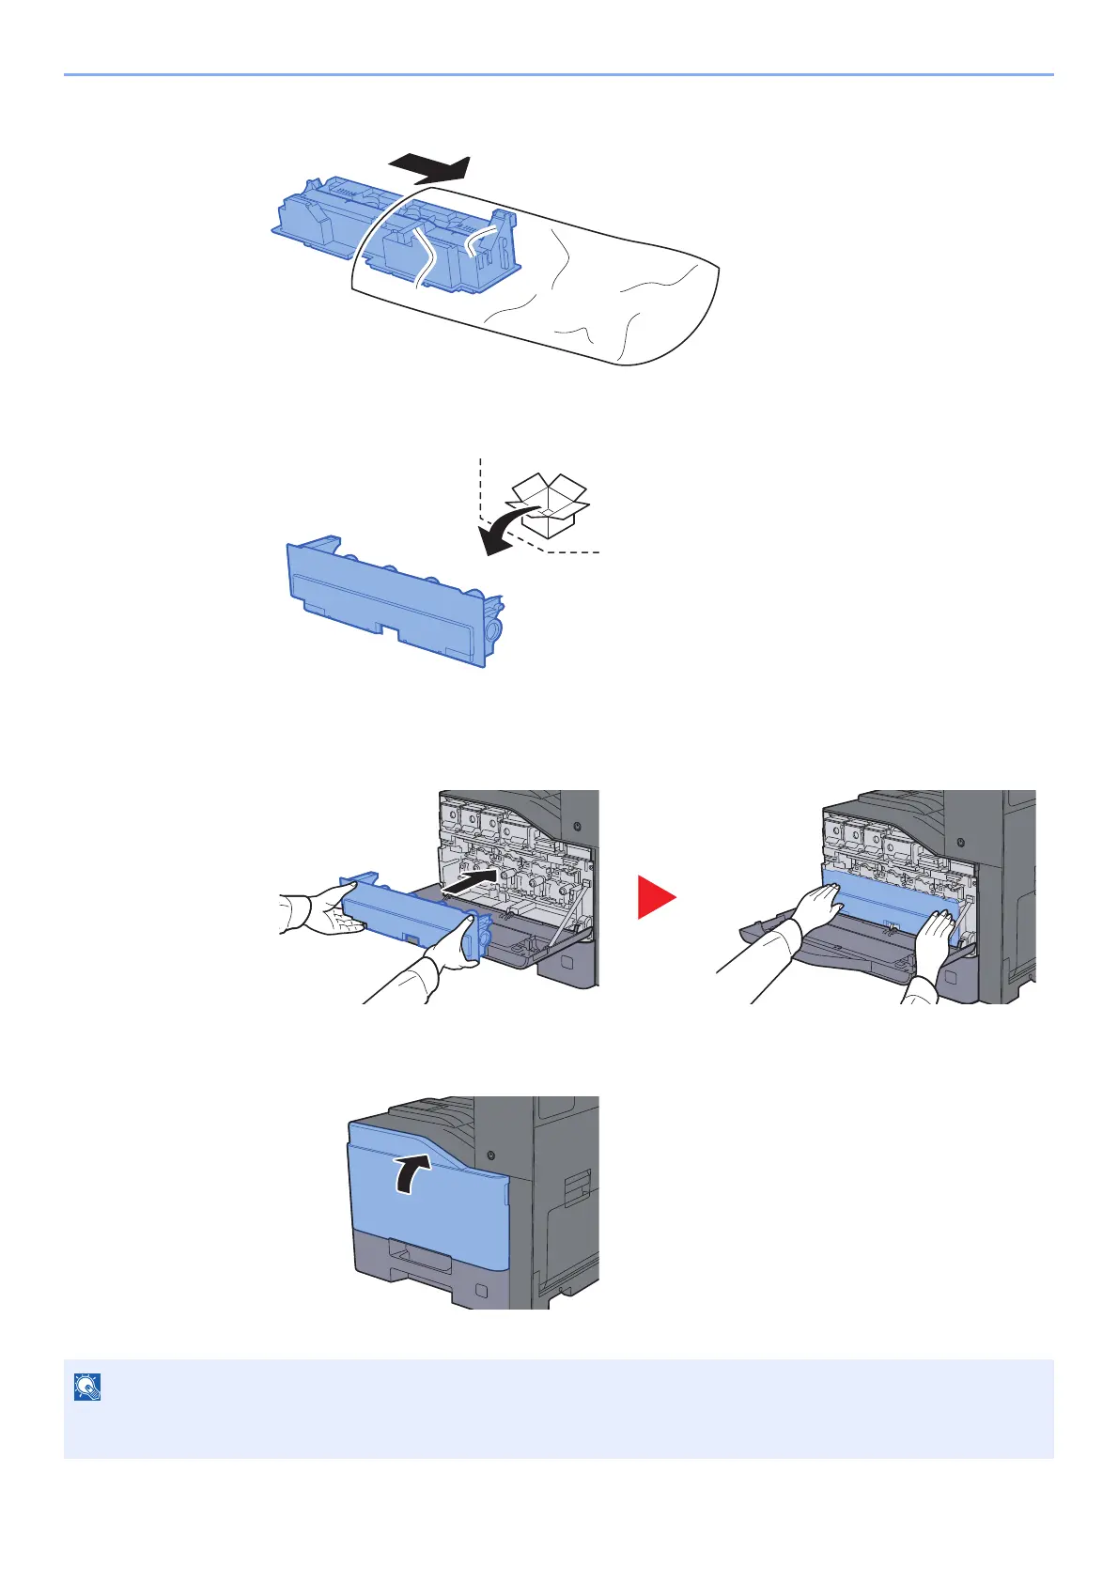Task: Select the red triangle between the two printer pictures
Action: pos(656,896)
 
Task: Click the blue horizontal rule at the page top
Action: pos(558,73)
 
